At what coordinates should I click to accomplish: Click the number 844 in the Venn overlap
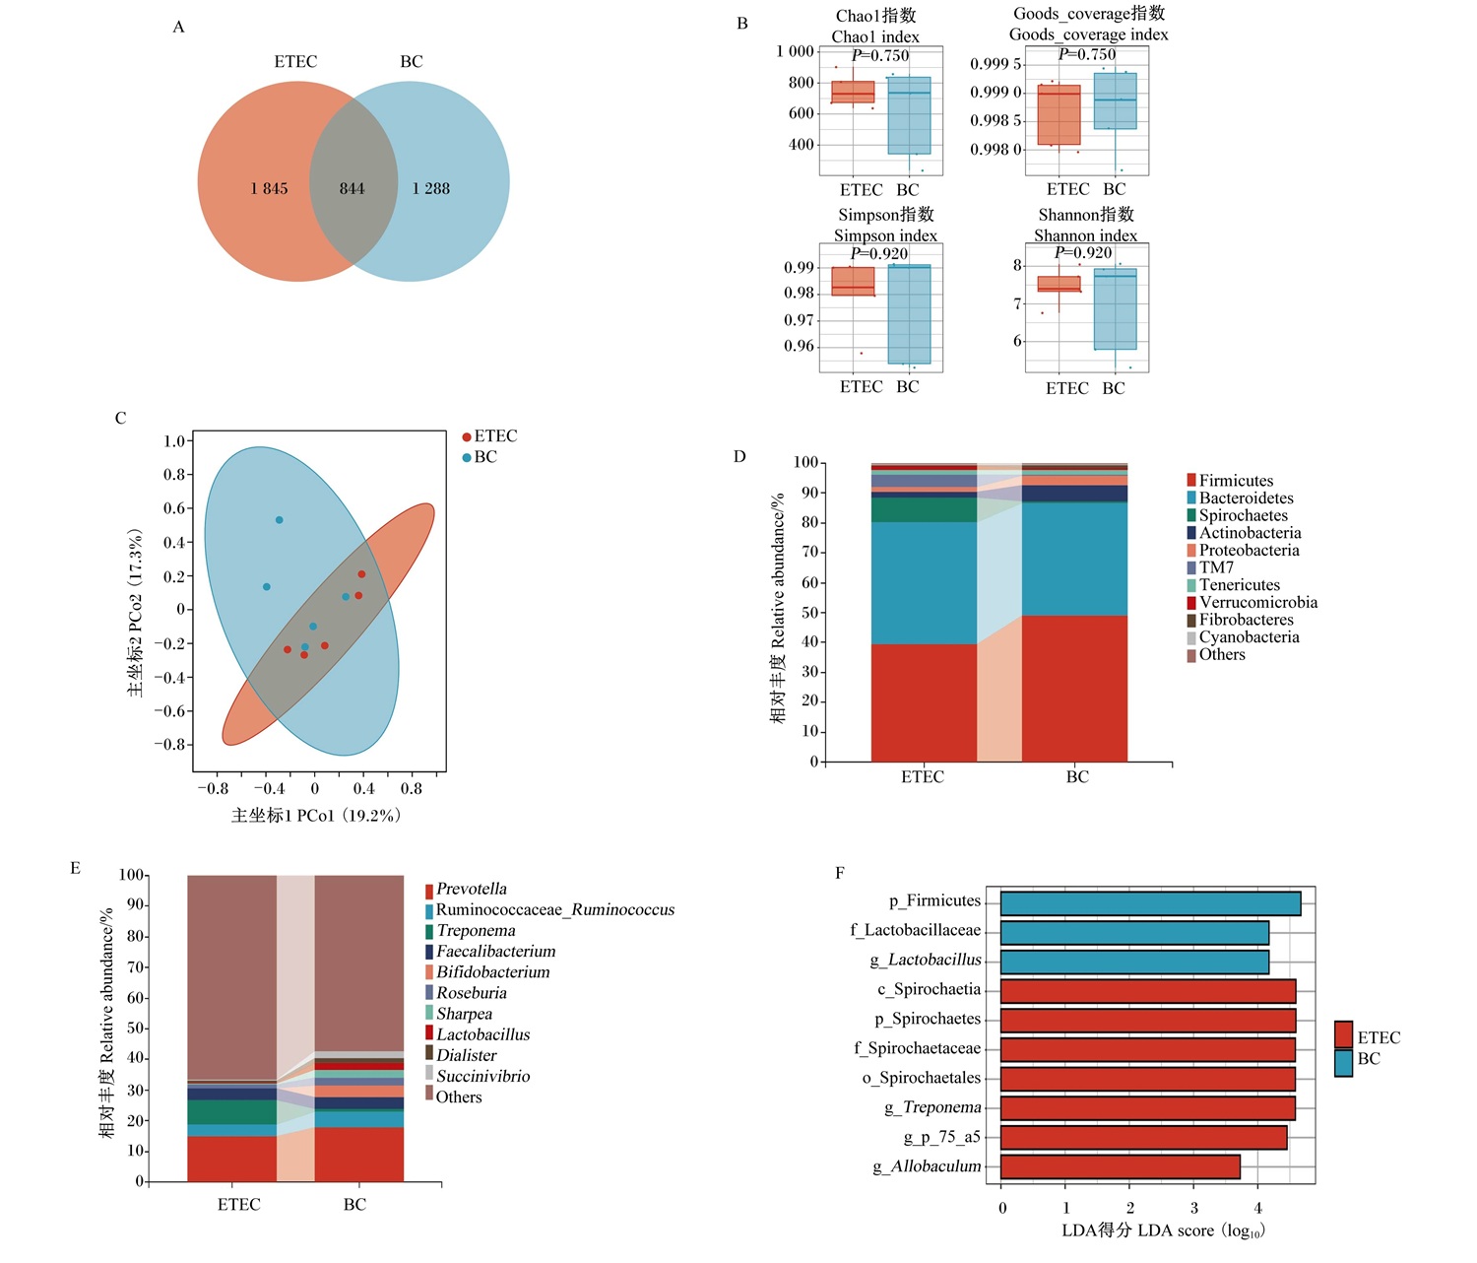coord(352,189)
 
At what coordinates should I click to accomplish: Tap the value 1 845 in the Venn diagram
coord(269,189)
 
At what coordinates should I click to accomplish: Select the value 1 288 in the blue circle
coord(431,189)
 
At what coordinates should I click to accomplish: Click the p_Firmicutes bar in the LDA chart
coord(1150,903)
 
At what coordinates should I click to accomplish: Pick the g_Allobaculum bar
coord(1120,1167)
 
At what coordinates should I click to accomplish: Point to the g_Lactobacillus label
coord(926,960)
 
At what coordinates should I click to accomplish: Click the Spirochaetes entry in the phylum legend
coord(1238,515)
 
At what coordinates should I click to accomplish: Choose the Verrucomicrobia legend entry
coord(1252,603)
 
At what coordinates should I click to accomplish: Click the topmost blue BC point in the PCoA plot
coord(280,519)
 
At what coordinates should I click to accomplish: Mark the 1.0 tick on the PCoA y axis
coord(174,441)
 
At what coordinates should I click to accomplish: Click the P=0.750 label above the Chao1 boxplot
coord(880,56)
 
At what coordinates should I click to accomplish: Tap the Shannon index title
coord(1085,235)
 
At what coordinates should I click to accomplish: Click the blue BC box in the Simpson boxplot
coord(910,314)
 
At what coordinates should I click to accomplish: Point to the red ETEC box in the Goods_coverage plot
coord(1059,114)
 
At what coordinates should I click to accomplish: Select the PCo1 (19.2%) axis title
coord(316,816)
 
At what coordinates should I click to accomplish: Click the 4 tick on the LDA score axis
coord(1257,1208)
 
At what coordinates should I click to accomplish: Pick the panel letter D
coord(739,457)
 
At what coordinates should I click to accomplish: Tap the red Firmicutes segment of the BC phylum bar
coord(1074,689)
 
